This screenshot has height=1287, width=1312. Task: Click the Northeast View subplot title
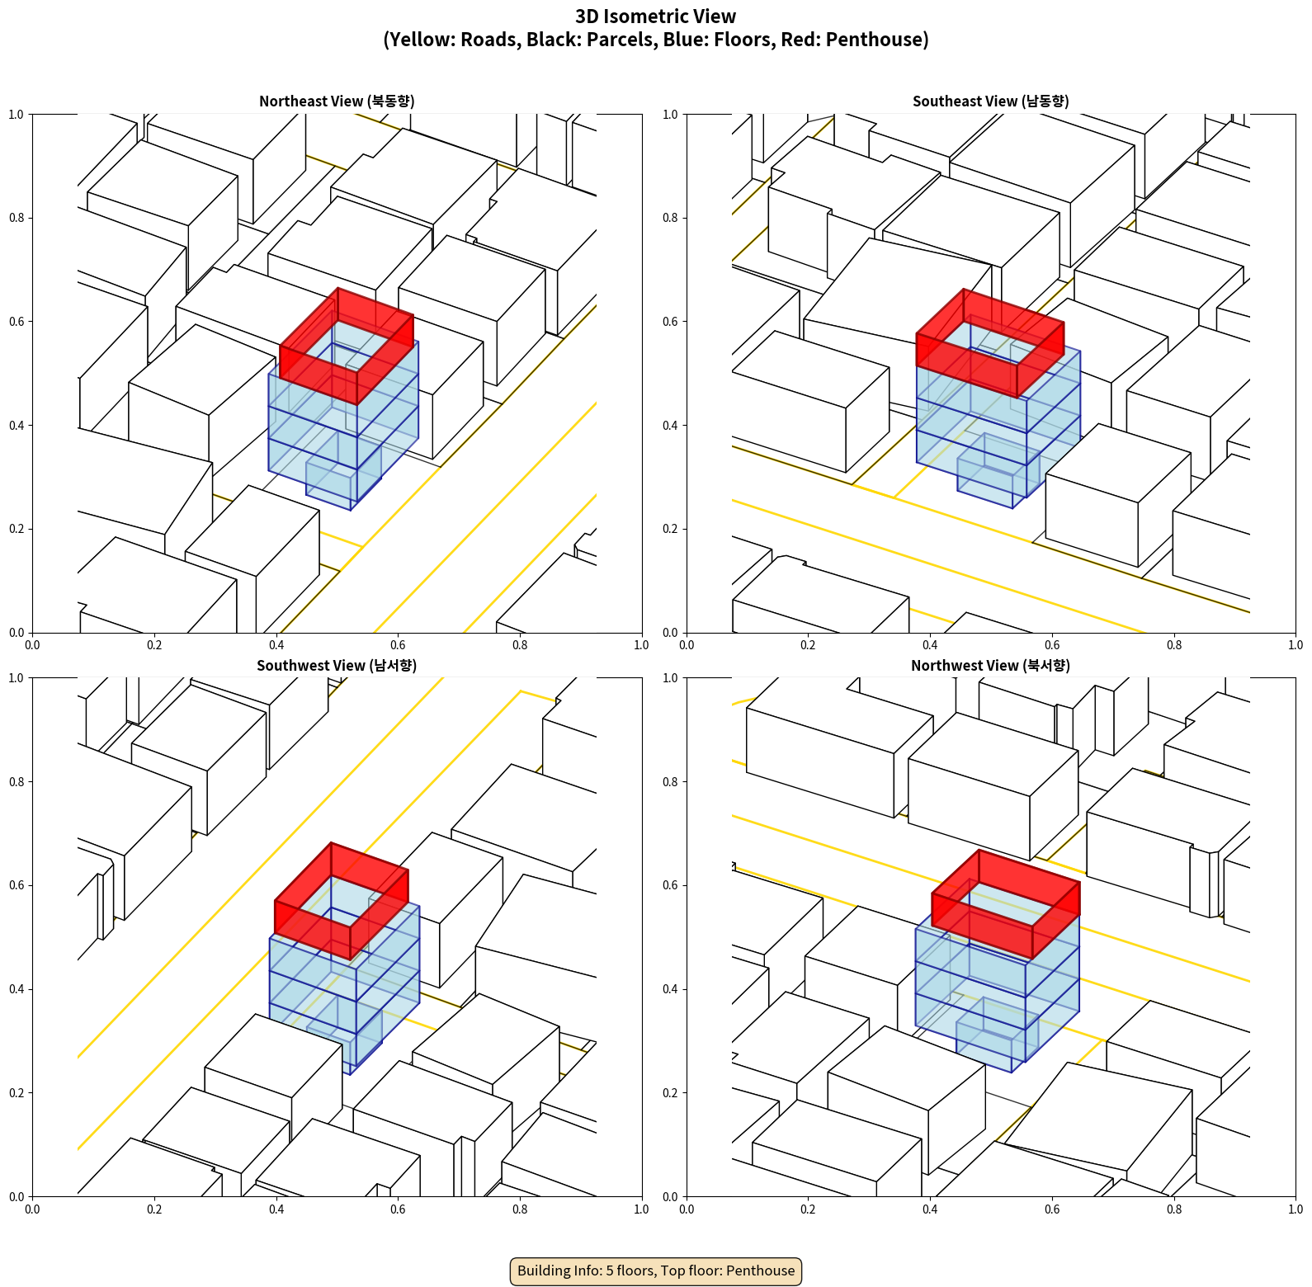[x=337, y=101]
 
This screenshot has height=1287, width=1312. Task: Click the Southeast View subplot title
[x=990, y=101]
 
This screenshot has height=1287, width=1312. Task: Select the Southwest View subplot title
[x=337, y=665]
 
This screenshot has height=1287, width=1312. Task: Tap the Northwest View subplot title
[x=990, y=665]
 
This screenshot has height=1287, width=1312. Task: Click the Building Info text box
[x=656, y=1270]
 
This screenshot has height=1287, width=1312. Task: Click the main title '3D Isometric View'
[x=656, y=16]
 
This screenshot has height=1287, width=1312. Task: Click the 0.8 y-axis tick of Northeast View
[x=17, y=218]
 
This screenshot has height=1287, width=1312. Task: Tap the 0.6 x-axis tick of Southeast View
[x=1052, y=645]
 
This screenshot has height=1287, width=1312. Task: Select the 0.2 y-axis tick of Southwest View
[x=17, y=1092]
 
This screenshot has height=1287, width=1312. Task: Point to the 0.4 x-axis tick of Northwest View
[x=930, y=1209]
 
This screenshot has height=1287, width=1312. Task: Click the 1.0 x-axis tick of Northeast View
[x=641, y=645]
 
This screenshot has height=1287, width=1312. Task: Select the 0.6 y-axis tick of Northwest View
[x=671, y=885]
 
